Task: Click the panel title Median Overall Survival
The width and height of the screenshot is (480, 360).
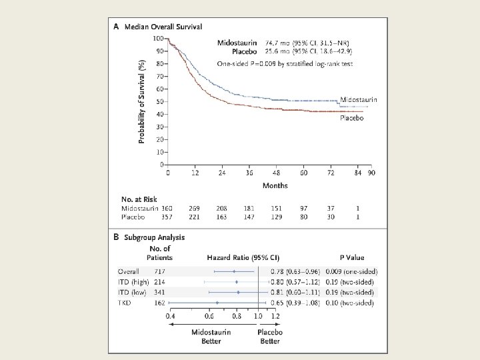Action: pyautogui.click(x=163, y=27)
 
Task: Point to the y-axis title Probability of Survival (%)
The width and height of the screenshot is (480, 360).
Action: pyautogui.click(x=141, y=101)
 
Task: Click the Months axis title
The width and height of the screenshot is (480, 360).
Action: pyautogui.click(x=275, y=185)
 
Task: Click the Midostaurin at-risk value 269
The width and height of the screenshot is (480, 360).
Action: pyautogui.click(x=194, y=209)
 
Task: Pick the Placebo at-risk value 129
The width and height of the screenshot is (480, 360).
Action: pyautogui.click(x=275, y=217)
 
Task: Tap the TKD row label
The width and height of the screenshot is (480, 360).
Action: pyautogui.click(x=125, y=302)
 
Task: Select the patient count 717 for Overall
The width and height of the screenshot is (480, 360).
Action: pyautogui.click(x=160, y=272)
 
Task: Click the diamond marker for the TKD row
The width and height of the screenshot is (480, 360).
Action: pyautogui.click(x=217, y=303)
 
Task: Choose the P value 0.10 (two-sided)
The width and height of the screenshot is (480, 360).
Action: pyautogui.click(x=346, y=302)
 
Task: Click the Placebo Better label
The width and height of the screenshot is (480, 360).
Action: pyautogui.click(x=270, y=337)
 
